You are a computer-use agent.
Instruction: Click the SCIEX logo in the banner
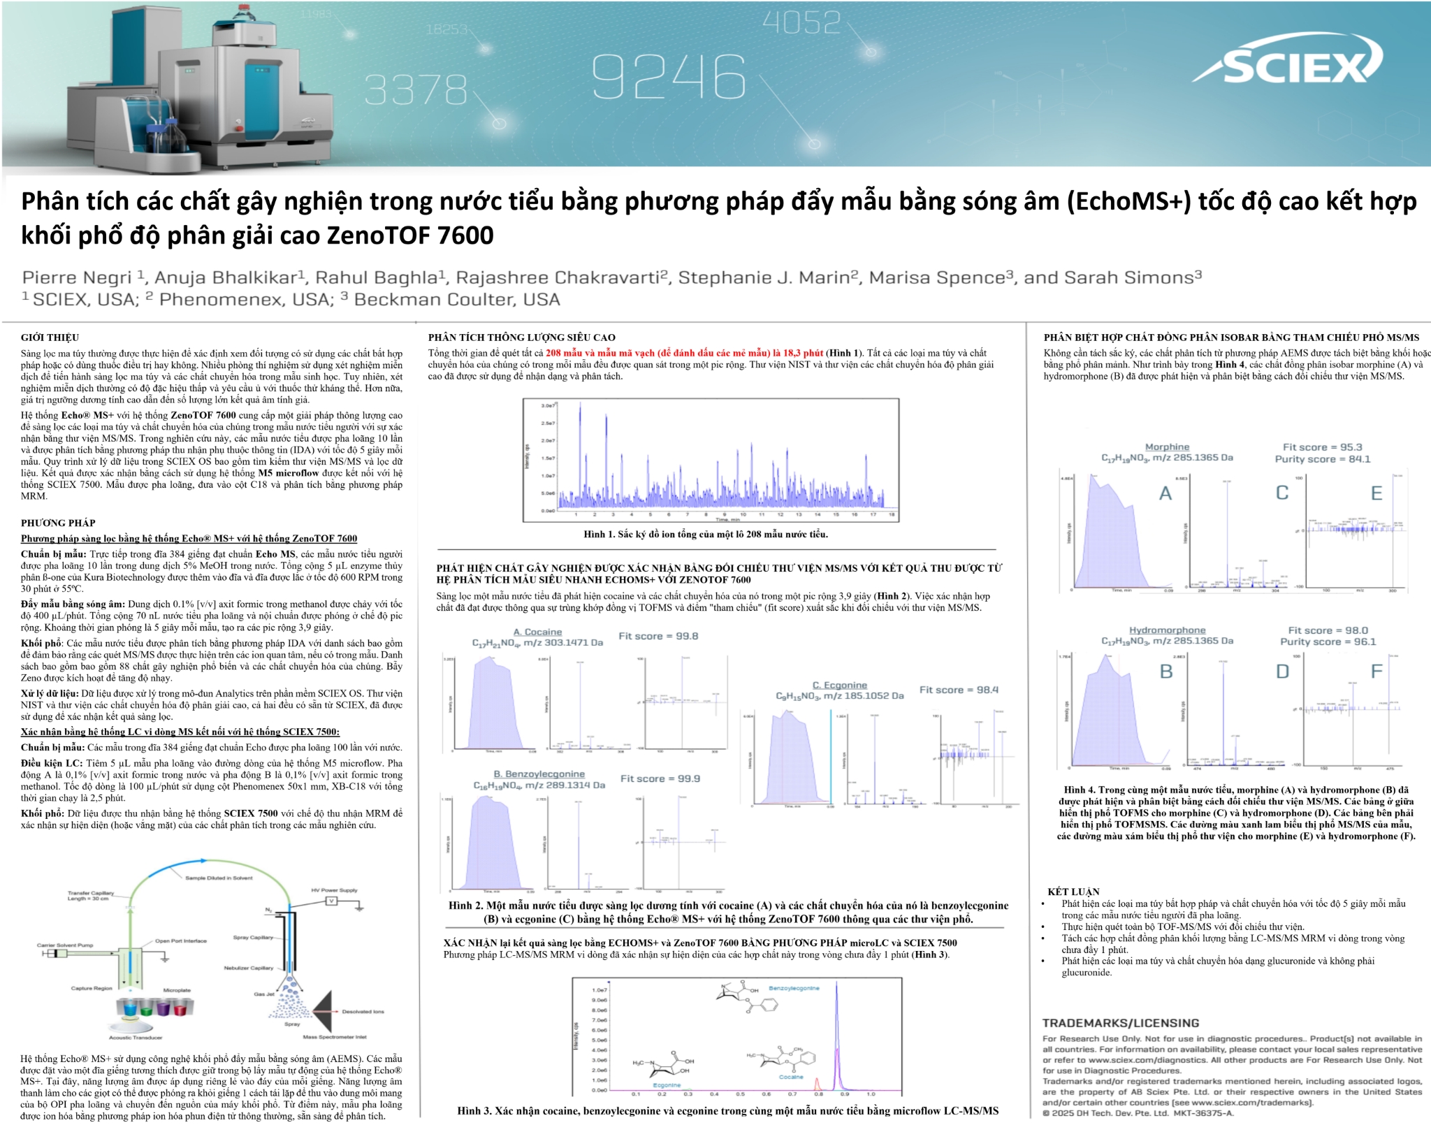coord(1288,64)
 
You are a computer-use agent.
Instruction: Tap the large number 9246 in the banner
coord(669,77)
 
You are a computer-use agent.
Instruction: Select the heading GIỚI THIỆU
coord(50,338)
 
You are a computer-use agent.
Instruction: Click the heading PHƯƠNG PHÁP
coord(58,523)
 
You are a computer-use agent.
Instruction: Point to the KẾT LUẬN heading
coord(1073,892)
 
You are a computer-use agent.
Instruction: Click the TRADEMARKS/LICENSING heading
coord(1121,1023)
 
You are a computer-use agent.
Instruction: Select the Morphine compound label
coord(1167,447)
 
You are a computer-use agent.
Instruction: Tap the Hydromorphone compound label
coord(1167,630)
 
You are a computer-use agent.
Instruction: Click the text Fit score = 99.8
coord(658,636)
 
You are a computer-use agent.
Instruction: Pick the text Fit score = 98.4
coord(959,690)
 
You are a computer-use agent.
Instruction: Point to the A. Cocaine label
coord(537,632)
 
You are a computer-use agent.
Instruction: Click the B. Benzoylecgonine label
coord(539,774)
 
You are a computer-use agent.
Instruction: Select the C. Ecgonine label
coord(839,685)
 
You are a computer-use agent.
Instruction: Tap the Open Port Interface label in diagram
coord(181,941)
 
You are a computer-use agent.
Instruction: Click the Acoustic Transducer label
coord(136,1037)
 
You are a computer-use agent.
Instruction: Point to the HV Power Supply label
coord(334,890)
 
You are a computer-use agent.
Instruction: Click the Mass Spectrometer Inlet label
coord(334,1037)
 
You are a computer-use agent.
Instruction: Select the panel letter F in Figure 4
coord(1376,672)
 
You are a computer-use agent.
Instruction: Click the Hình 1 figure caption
coord(705,535)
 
